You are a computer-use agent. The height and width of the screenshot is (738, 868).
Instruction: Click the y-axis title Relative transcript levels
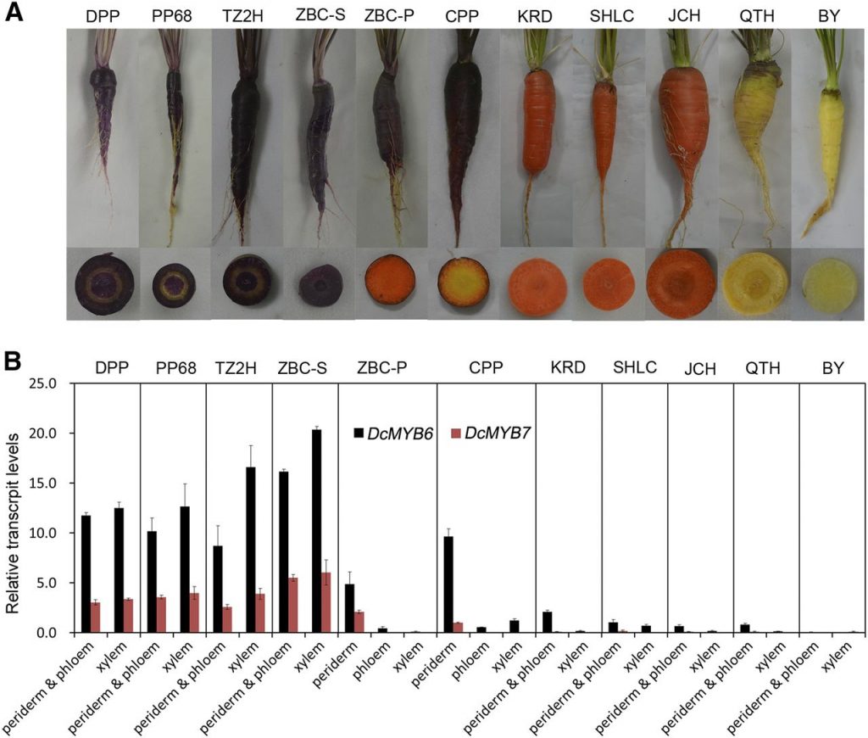tap(14, 508)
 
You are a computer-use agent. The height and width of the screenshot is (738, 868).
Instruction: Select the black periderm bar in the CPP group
tap(449, 584)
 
